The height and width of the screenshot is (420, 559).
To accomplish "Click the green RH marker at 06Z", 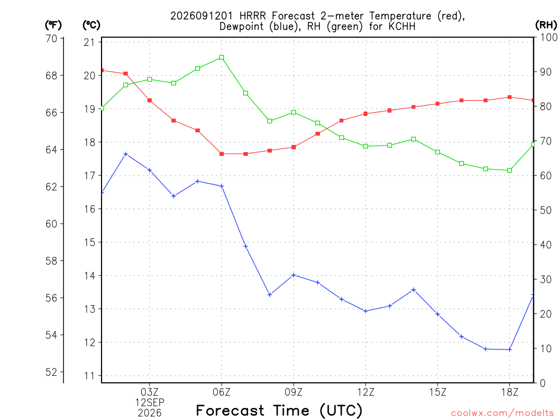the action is (222, 57).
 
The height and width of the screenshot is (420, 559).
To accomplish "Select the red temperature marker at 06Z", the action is (222, 154).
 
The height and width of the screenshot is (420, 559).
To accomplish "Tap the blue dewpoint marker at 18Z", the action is (510, 349).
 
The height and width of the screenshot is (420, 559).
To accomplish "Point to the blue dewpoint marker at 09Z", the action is (294, 275).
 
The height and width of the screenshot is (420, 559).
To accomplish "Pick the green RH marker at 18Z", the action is (510, 171).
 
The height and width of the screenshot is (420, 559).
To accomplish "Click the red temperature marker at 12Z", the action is (366, 114).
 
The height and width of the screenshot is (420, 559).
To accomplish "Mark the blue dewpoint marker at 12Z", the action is (366, 311).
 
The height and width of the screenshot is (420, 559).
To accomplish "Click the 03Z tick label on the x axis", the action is (150, 392).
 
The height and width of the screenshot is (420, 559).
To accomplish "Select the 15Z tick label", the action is (438, 392).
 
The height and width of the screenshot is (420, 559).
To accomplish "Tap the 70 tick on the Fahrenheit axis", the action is (52, 38).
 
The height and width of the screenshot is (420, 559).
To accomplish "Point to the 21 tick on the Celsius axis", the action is (90, 42).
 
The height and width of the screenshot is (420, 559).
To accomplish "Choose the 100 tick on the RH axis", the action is (549, 37).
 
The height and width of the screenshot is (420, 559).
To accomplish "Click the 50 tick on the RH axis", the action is (545, 210).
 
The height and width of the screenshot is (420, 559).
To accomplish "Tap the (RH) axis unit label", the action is (546, 25).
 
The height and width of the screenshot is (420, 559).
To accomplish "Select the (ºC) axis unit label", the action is (91, 25).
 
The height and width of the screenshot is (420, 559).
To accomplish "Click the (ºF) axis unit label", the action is (53, 25).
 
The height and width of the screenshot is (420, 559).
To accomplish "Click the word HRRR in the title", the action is (252, 16).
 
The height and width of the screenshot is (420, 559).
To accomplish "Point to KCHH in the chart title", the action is (402, 26).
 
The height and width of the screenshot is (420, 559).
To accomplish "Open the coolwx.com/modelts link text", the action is (502, 413).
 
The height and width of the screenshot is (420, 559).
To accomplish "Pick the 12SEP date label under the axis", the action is (150, 402).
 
